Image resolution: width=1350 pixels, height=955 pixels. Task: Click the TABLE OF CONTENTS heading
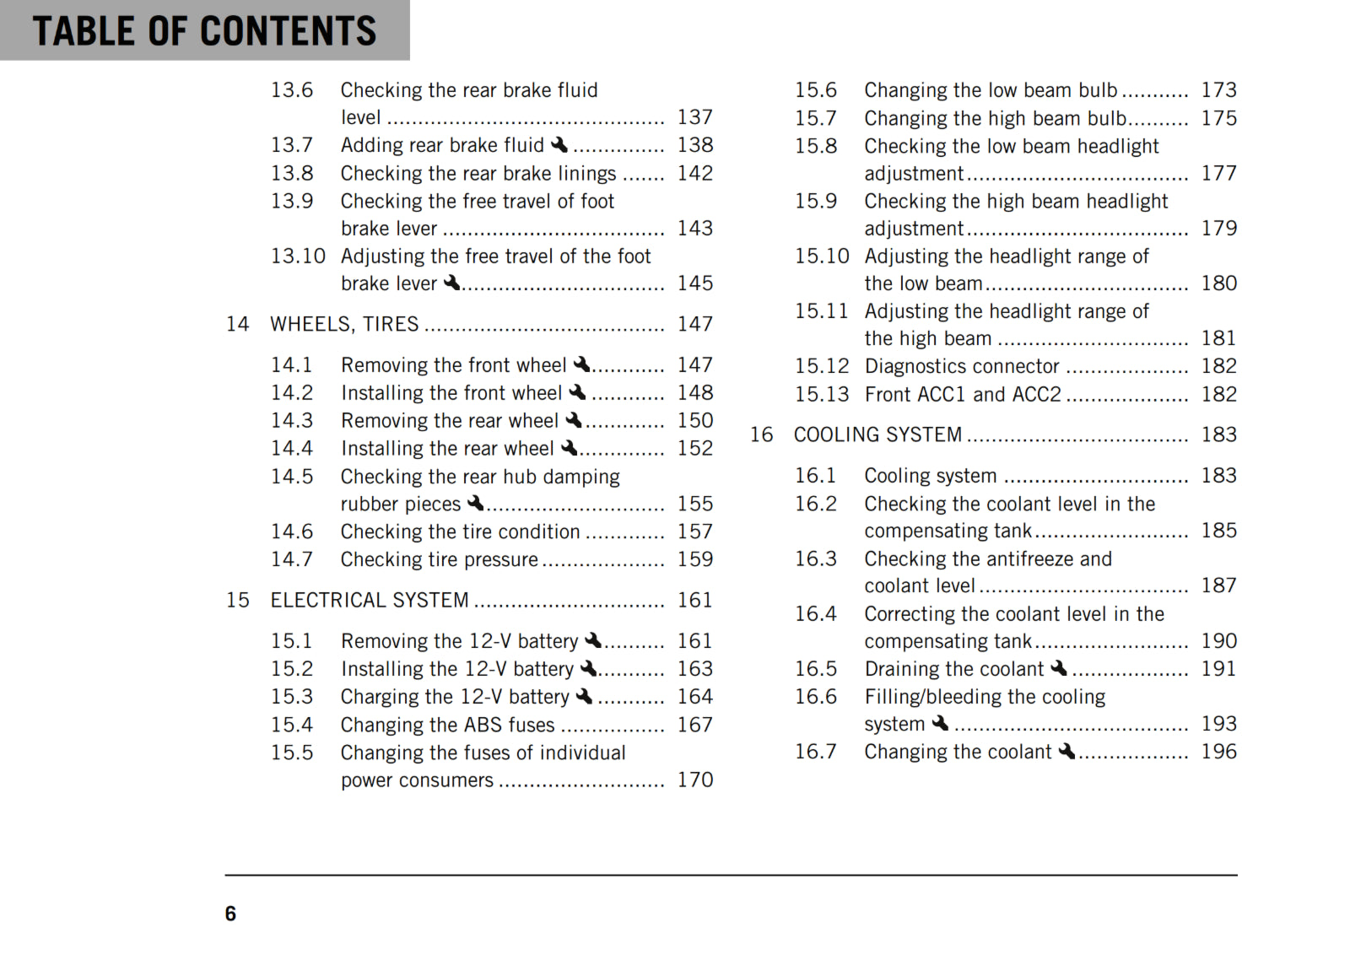(205, 30)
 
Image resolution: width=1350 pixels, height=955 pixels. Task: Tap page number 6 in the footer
(230, 914)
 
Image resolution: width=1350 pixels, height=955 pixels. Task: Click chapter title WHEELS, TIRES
(344, 324)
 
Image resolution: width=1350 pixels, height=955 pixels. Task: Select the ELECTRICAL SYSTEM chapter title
(369, 600)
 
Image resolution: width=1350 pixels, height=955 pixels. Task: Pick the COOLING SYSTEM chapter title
(877, 434)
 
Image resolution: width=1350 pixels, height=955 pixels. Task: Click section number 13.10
(298, 256)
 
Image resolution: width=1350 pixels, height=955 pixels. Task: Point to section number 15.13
(822, 394)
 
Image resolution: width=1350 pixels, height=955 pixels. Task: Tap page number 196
(1218, 752)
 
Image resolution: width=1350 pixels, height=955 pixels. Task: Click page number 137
(694, 117)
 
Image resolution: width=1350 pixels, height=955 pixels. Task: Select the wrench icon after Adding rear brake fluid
(559, 145)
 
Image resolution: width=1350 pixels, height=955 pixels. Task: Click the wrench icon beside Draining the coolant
(1059, 669)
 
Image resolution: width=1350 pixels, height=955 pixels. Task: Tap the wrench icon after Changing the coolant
(1066, 752)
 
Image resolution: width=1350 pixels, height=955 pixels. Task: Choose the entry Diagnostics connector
(961, 366)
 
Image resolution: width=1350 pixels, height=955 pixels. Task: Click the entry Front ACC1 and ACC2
(963, 394)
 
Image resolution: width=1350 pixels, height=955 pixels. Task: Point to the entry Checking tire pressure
(439, 559)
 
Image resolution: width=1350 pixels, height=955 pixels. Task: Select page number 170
(694, 780)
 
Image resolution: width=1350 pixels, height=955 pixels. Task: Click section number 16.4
(815, 613)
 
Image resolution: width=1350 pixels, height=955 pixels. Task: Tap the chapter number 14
(237, 324)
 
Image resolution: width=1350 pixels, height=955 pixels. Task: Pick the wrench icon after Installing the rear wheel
(570, 448)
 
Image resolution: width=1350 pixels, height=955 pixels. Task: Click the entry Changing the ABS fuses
(447, 725)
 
